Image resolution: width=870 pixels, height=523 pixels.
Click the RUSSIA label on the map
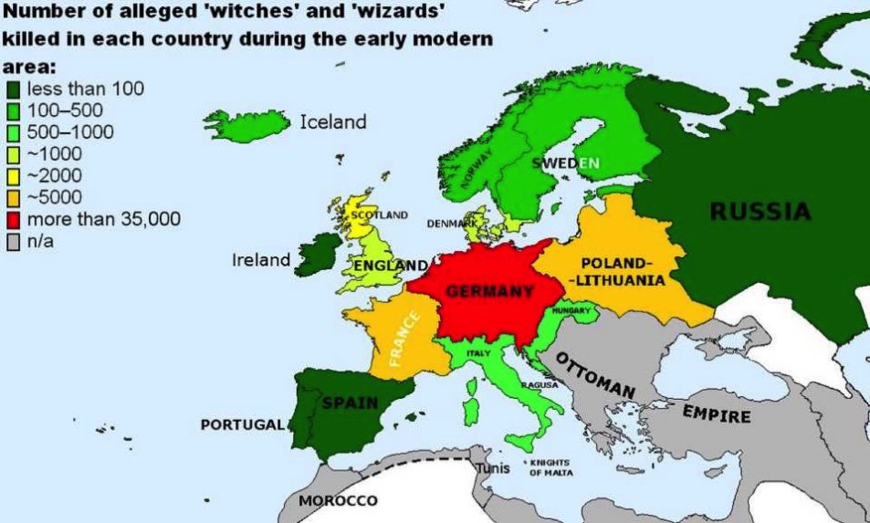(760, 212)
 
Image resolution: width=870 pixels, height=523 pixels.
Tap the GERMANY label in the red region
(489, 292)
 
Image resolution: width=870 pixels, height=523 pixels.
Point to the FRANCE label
(404, 338)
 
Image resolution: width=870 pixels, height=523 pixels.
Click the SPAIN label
(345, 403)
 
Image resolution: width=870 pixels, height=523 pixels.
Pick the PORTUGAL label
(242, 425)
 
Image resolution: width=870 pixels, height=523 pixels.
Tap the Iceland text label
(333, 121)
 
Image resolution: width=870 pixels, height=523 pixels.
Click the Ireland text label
(260, 260)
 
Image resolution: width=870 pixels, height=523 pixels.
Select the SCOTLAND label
(379, 215)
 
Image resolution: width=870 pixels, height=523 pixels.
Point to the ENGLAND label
(389, 265)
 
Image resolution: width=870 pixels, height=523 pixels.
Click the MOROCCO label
(338, 502)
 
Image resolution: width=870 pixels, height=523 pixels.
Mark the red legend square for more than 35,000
(13, 220)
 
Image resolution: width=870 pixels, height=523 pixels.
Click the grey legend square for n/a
(13, 243)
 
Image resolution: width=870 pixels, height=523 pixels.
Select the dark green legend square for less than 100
(13, 89)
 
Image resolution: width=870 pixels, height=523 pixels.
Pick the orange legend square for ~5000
(13, 198)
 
